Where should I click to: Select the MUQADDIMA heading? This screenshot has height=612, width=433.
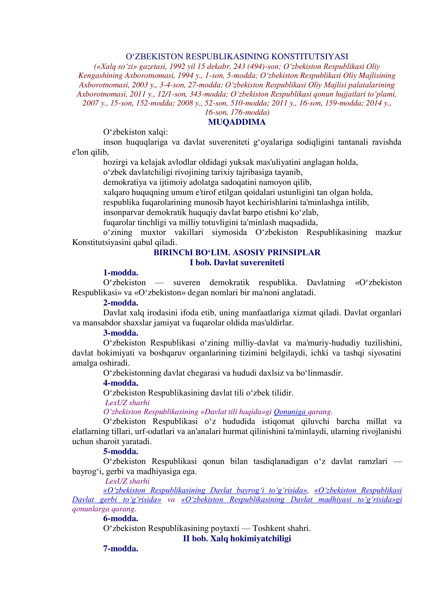(237, 122)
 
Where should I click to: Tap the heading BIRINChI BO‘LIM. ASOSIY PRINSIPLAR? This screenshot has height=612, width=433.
(237, 253)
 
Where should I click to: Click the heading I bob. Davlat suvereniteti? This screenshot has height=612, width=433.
(237, 263)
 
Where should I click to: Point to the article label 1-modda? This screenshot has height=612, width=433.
(121, 273)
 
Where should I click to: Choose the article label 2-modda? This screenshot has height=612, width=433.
(121, 303)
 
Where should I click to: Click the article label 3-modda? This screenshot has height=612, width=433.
(121, 333)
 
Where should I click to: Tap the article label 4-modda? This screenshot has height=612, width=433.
(121, 383)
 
